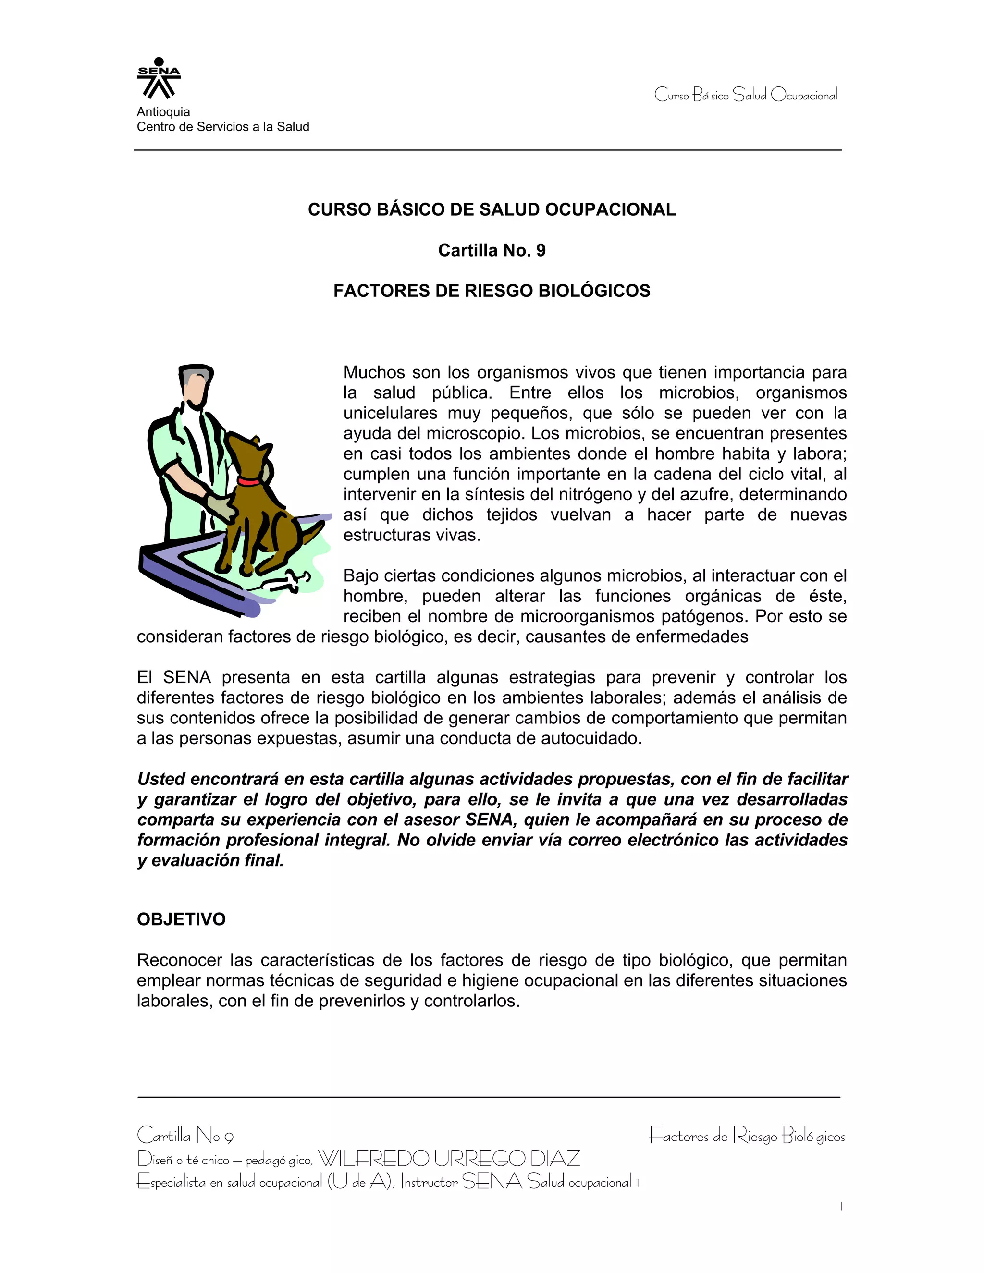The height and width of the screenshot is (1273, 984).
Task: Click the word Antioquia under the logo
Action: pos(163,112)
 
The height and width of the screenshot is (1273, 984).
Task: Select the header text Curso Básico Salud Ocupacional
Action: pos(746,95)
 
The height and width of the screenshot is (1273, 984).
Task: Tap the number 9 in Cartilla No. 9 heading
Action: pos(541,251)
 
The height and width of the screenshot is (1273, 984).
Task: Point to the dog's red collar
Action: pos(249,481)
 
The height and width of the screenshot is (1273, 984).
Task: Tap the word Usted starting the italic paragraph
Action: pos(161,779)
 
